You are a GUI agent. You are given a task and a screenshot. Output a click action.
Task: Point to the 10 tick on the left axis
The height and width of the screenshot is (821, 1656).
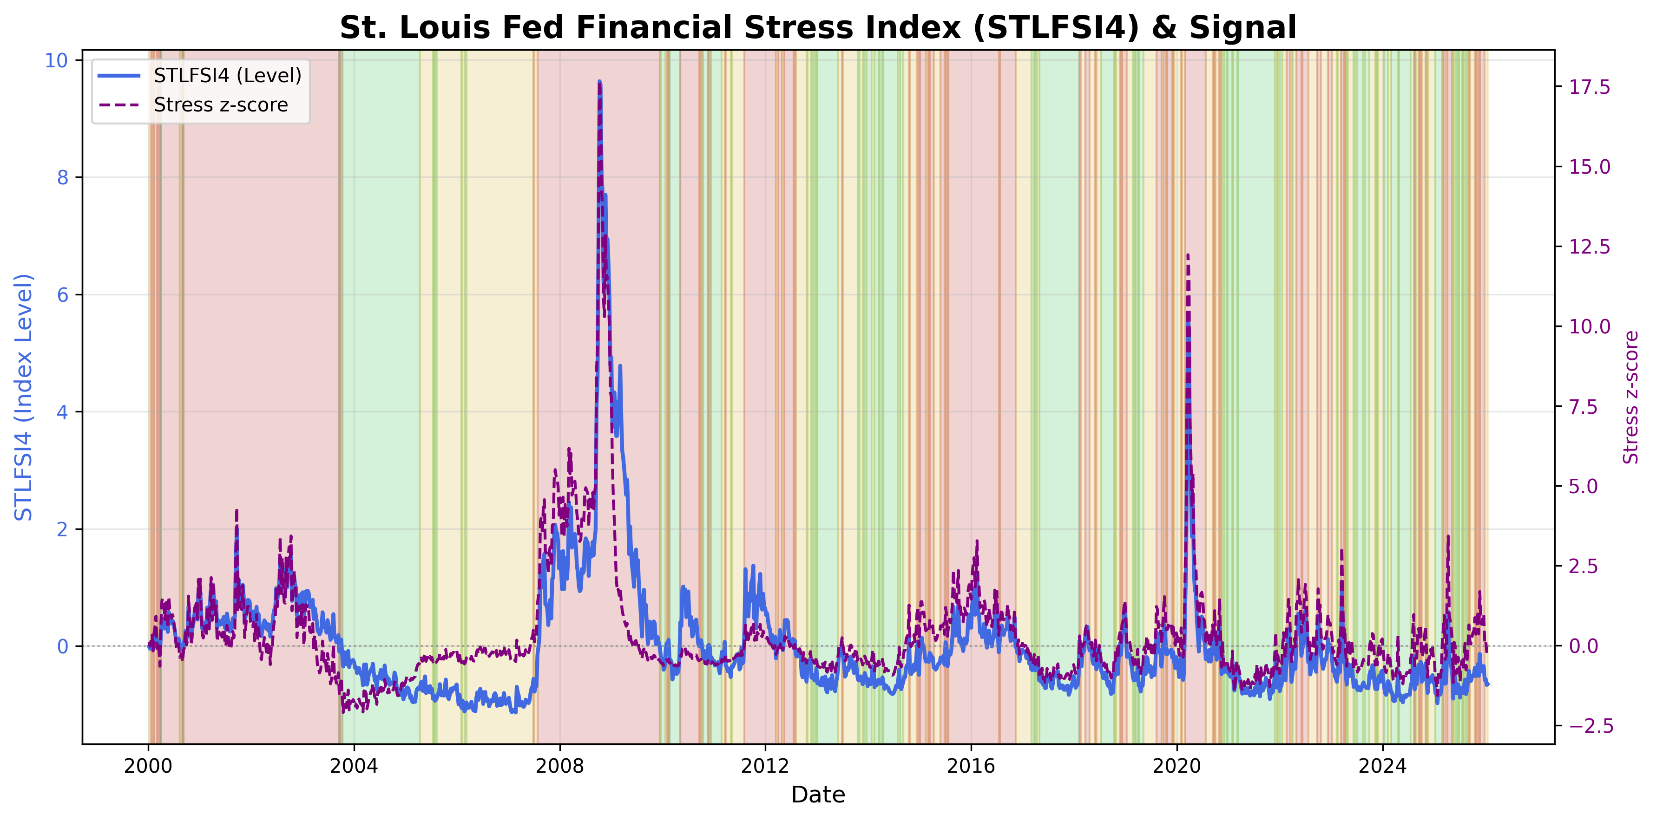click(x=56, y=60)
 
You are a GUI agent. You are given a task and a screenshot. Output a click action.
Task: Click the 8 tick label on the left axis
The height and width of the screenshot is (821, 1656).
click(x=62, y=177)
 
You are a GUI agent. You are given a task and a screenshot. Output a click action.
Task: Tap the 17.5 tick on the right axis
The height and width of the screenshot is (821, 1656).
click(x=1589, y=87)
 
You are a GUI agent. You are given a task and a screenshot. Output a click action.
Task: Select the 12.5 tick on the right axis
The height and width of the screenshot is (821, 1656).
click(x=1589, y=247)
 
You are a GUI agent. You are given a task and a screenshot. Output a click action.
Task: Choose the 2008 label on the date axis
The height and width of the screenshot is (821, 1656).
click(x=559, y=766)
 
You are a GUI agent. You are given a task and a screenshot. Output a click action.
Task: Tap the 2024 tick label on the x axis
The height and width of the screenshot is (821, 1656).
click(x=1382, y=766)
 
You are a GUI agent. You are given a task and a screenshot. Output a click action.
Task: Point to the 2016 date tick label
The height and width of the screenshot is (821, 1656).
click(x=971, y=766)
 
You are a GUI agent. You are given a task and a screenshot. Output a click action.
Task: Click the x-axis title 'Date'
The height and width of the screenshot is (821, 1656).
click(x=818, y=795)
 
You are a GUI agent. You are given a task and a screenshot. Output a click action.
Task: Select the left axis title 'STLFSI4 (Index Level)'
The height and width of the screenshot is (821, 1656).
click(x=24, y=397)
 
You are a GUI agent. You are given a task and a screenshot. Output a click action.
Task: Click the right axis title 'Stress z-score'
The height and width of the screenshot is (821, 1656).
click(x=1630, y=397)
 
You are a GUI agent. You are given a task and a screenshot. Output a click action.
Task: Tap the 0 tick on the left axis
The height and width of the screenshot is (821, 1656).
click(x=62, y=646)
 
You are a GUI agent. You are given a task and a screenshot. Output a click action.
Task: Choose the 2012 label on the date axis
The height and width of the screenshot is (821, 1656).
click(x=765, y=766)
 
